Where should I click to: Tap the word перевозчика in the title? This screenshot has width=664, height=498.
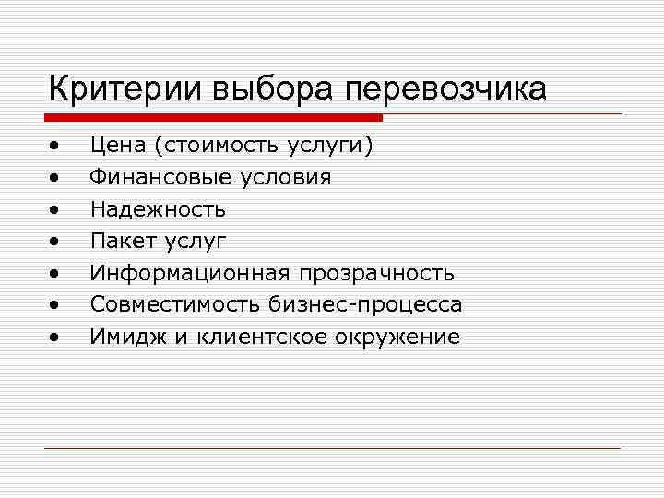click(446, 89)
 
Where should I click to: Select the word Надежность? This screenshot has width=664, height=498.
click(158, 209)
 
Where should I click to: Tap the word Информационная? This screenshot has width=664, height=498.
click(190, 273)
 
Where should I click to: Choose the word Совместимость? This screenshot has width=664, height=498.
click(175, 304)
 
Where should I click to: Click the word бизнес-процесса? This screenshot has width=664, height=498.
click(366, 305)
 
